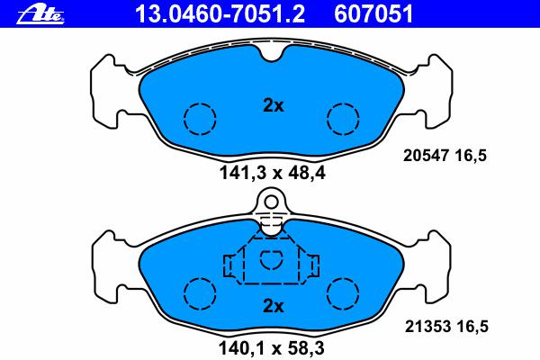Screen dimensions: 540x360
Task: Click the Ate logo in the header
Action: pos(40,14)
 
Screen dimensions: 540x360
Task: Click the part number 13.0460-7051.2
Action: pos(220,13)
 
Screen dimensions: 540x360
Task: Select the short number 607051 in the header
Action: pos(373,13)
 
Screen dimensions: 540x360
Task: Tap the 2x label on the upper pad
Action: pos(273,105)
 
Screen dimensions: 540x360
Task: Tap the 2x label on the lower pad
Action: pos(273,306)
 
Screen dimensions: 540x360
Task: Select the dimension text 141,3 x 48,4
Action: pos(272,173)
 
